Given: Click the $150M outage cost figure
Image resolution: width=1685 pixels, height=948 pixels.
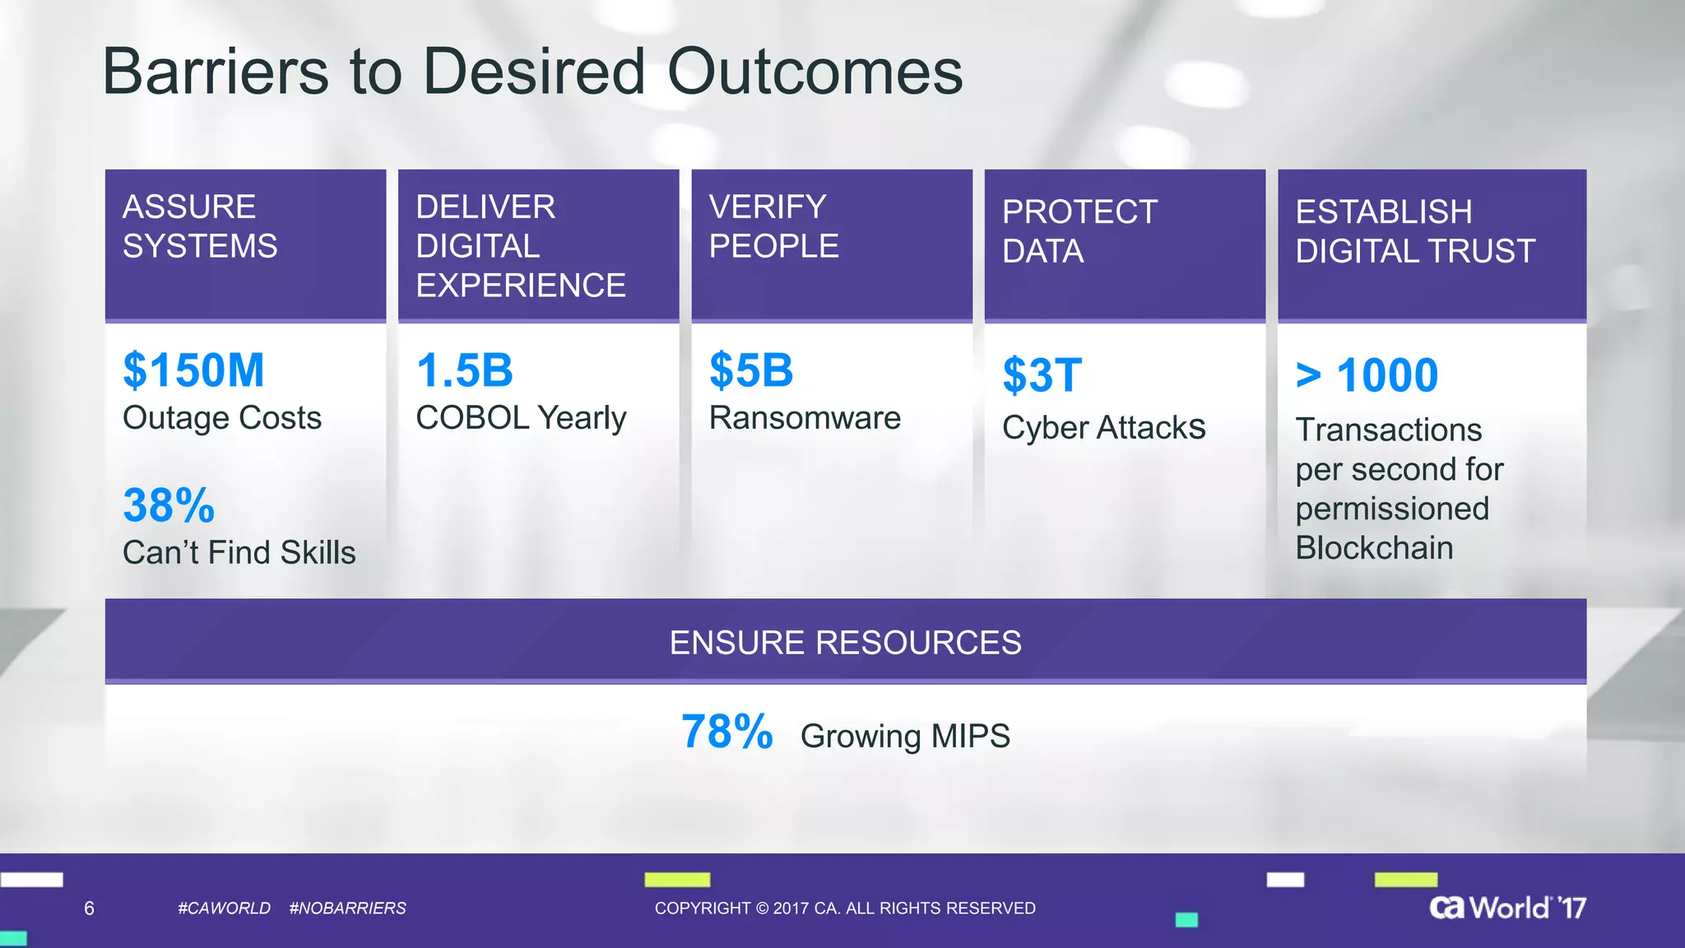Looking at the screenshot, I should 193,370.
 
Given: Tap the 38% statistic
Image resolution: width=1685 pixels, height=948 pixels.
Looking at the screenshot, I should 169,505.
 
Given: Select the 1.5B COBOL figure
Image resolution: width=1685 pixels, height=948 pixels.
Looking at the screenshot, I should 465,370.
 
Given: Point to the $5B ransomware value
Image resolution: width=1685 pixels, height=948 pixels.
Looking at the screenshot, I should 751,370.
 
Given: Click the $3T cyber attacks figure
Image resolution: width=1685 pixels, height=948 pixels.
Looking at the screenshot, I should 1042,375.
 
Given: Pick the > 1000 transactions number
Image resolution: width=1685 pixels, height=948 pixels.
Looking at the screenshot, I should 1367,375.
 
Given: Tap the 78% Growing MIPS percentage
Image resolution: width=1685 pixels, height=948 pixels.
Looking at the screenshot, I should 727,732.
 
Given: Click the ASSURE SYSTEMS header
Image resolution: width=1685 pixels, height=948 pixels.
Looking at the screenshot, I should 200,226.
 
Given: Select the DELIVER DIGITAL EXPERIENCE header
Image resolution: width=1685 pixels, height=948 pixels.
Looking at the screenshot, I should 520,245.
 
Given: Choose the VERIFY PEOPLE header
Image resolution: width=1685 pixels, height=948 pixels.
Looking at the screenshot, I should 773,226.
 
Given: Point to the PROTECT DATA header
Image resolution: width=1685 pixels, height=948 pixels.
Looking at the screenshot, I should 1079,231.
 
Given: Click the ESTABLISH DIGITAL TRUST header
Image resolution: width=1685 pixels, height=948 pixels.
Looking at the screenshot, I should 1415,231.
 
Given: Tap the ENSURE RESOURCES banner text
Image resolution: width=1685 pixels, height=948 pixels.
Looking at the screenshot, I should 845,643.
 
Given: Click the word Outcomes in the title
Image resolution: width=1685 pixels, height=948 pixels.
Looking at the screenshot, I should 815,72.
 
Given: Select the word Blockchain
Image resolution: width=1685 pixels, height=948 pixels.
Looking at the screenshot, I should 1374,548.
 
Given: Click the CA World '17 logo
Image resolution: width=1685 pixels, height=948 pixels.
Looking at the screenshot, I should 1507,908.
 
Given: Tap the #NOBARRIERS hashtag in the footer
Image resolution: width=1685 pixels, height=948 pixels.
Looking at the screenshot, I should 347,908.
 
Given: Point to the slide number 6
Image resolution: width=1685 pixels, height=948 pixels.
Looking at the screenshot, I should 89,908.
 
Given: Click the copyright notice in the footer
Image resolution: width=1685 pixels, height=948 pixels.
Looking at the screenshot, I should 845,908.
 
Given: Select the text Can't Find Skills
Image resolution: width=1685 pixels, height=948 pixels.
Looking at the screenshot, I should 239,552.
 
